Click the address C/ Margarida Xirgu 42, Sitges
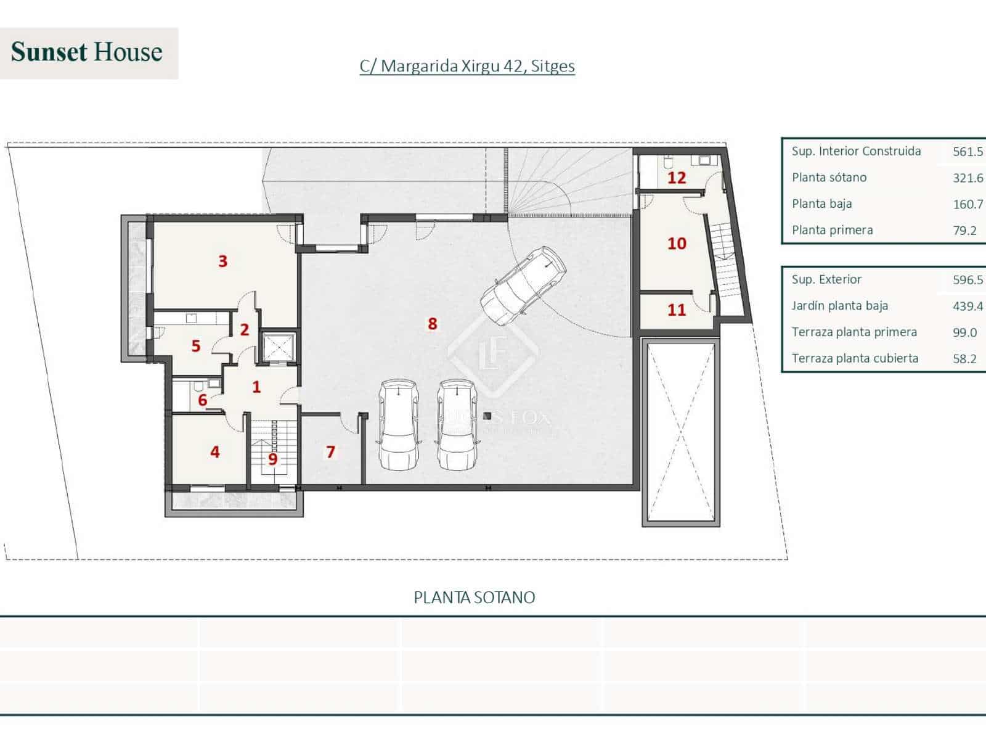pyautogui.click(x=467, y=66)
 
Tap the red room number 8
pyautogui.click(x=433, y=323)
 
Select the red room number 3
pyautogui.click(x=222, y=261)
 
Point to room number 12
pyautogui.click(x=677, y=178)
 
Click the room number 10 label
pyautogui.click(x=677, y=244)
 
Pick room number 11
pyautogui.click(x=677, y=310)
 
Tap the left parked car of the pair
pyautogui.click(x=398, y=425)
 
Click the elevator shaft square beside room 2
pyautogui.click(x=277, y=348)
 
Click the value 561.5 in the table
pyautogui.click(x=968, y=152)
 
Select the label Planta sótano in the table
pyautogui.click(x=829, y=178)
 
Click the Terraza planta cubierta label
pyautogui.click(x=855, y=358)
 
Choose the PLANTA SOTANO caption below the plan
pyautogui.click(x=474, y=598)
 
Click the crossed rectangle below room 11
pyautogui.click(x=681, y=432)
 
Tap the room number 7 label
pyautogui.click(x=330, y=452)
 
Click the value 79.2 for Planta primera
pyautogui.click(x=964, y=231)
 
